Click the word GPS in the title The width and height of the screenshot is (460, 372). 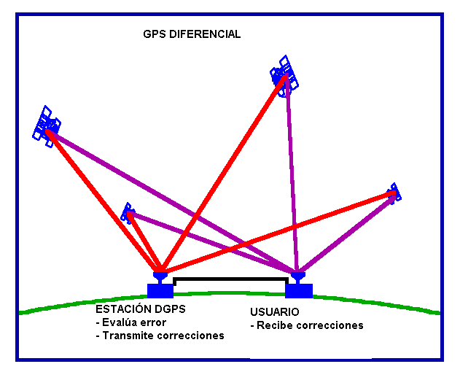point(155,34)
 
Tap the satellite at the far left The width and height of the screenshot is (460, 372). point(46,125)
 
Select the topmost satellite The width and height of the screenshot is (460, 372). point(284,74)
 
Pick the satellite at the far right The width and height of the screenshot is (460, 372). point(394,193)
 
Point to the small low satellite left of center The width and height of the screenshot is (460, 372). point(128,213)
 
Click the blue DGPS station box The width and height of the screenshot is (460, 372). point(160,290)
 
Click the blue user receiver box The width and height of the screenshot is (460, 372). point(298,290)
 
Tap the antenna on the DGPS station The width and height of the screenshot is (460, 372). point(160,277)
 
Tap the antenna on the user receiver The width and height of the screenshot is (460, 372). point(298,277)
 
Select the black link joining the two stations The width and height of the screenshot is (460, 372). point(230,279)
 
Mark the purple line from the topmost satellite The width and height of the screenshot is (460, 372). point(292,175)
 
